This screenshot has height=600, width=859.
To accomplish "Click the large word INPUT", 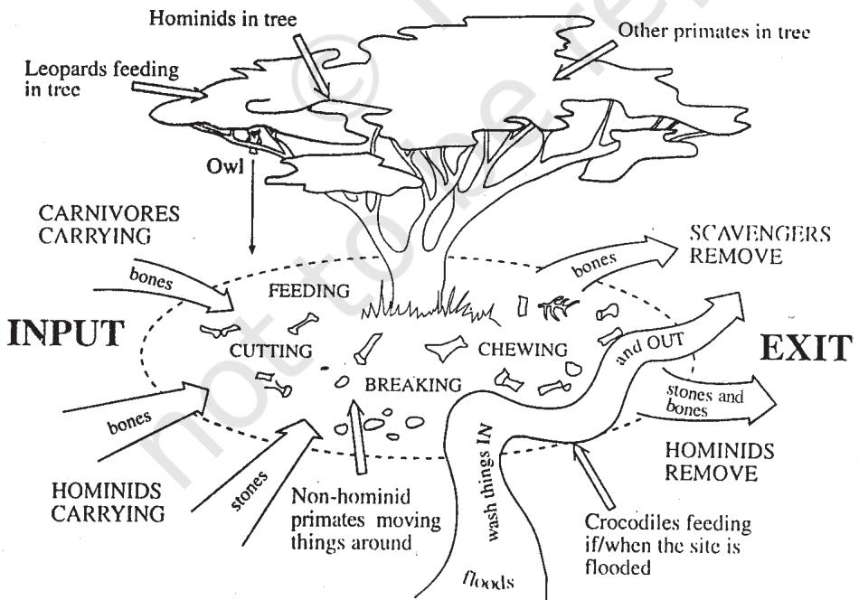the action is (66, 333).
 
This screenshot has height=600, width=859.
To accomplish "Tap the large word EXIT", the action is (806, 348).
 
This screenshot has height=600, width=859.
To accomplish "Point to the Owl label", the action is (224, 166).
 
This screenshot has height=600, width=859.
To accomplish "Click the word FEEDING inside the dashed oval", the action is (309, 291).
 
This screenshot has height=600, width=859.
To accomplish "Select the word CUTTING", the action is (270, 351).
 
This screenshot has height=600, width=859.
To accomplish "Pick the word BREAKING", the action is (413, 385).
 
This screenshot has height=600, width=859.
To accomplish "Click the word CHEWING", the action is (523, 350).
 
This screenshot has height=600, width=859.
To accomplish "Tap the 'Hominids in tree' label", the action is (223, 19).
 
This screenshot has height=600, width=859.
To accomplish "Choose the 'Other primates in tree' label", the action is (713, 32).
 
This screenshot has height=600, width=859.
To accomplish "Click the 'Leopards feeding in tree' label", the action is (102, 79).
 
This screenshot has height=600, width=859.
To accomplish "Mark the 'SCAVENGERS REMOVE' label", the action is (760, 245).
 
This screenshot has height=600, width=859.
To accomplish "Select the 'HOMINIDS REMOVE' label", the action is (720, 462).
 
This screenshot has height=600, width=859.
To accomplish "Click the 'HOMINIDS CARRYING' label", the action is (108, 502).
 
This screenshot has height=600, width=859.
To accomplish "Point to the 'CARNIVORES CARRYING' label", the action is (109, 224).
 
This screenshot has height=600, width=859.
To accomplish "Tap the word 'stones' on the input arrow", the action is (250, 491).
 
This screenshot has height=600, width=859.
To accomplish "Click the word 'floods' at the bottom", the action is (488, 580).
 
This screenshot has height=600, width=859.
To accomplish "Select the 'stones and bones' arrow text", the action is (704, 401).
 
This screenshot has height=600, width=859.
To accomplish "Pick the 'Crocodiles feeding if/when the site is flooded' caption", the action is (668, 545).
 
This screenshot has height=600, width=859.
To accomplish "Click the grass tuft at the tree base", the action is (430, 306).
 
